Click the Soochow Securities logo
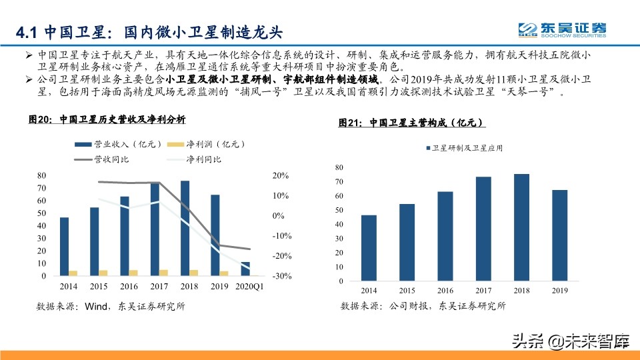click(563, 29)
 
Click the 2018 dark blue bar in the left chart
click(185, 228)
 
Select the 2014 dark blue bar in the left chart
click(64, 246)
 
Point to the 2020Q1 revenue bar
click(245, 269)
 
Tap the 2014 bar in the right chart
click(369, 247)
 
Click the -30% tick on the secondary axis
click(282, 276)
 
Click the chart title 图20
click(107, 120)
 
